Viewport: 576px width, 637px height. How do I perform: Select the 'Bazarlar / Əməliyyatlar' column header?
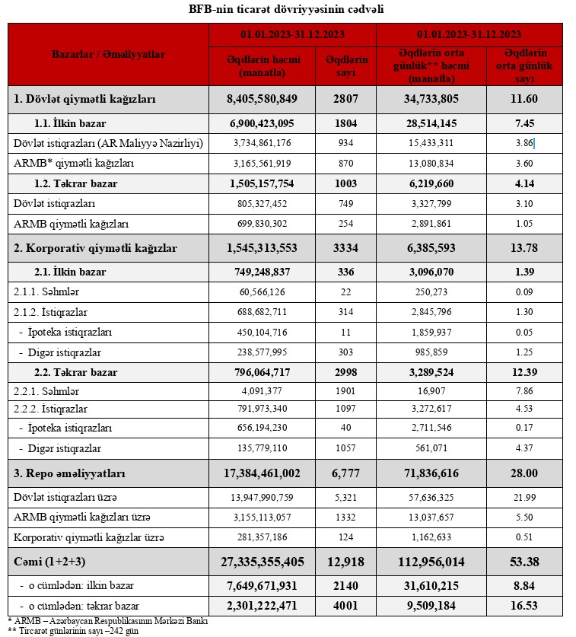pyautogui.click(x=108, y=55)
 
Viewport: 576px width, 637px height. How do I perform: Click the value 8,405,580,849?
pyautogui.click(x=263, y=99)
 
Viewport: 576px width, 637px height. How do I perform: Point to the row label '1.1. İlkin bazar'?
pyautogui.click(x=70, y=123)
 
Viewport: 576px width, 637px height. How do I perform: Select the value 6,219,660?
pyautogui.click(x=431, y=183)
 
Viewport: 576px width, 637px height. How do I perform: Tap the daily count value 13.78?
pyautogui.click(x=525, y=248)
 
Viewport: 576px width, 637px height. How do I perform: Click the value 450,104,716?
pyautogui.click(x=263, y=333)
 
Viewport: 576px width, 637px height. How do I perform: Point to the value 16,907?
pyautogui.click(x=431, y=391)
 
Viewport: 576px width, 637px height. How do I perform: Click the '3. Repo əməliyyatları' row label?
pyautogui.click(x=69, y=473)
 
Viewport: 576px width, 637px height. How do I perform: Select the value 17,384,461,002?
pyautogui.click(x=263, y=473)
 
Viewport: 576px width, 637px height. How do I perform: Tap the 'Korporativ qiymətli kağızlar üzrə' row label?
pyautogui.click(x=89, y=537)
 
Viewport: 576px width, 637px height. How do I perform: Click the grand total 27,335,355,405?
pyautogui.click(x=263, y=562)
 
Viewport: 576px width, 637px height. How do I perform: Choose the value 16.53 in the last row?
pyautogui.click(x=525, y=607)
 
